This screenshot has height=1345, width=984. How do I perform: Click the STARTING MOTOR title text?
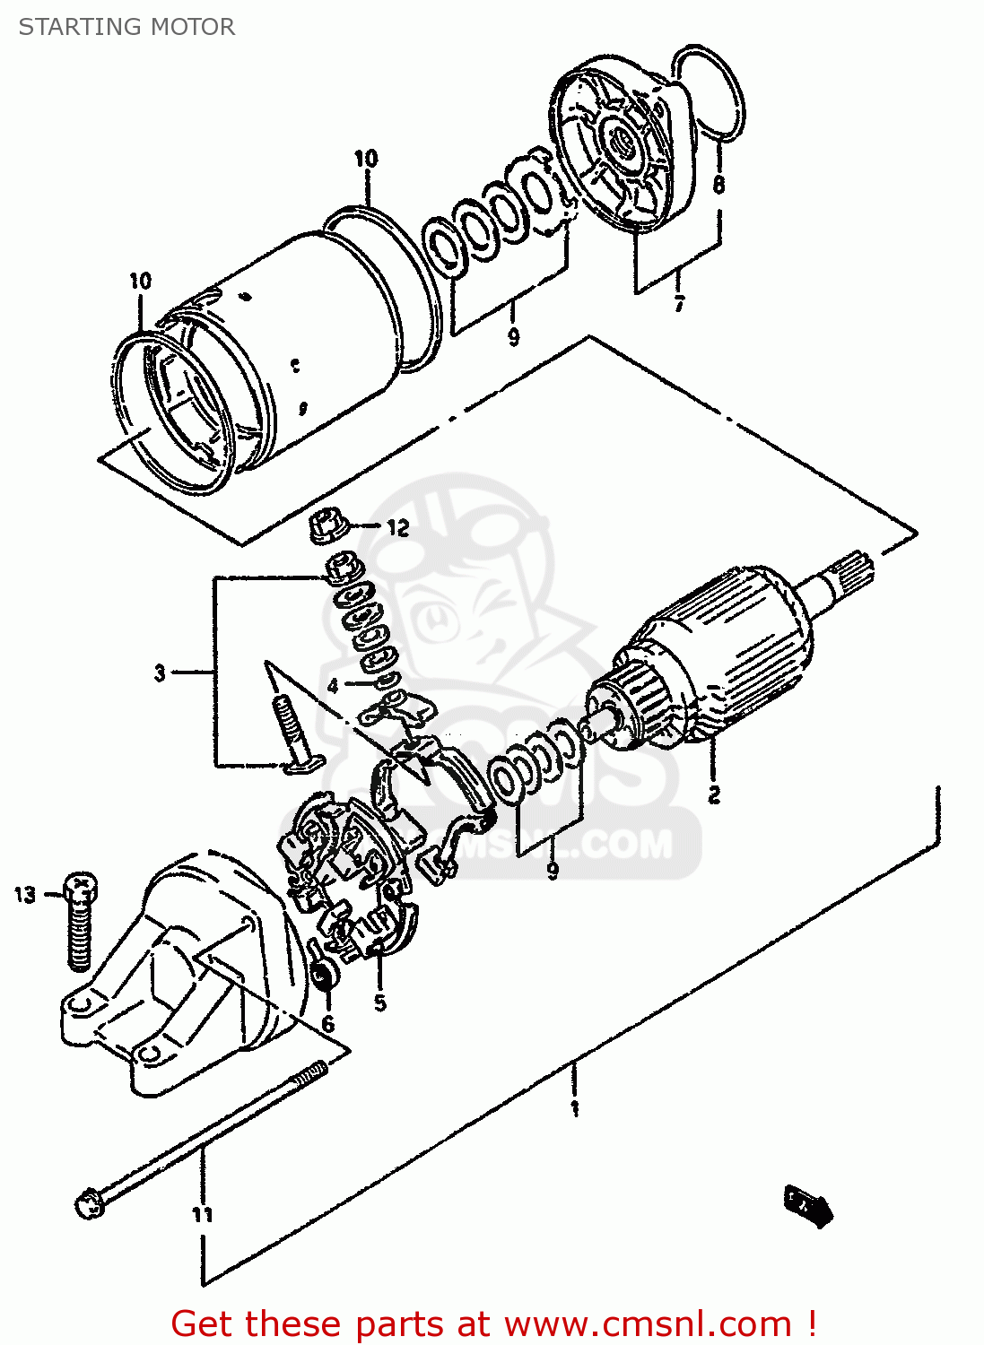coord(126,27)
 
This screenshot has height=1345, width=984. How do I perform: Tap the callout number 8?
coord(718,185)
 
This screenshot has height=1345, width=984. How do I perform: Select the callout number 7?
coord(679,303)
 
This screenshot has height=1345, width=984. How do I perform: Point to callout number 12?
coord(397,528)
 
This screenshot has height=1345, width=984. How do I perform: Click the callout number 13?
coord(25,894)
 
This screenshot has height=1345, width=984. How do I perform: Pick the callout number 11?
coord(203,1214)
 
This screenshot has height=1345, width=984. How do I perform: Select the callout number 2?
coord(713,794)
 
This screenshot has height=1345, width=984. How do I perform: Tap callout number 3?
coord(160,672)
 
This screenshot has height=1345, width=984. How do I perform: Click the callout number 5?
coord(380,1002)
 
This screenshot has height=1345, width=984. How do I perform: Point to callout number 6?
coord(328,1024)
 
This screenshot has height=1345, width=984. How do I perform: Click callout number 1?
coord(574,1108)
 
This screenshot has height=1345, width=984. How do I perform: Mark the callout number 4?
coord(333,686)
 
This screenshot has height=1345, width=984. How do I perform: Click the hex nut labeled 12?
coord(327,527)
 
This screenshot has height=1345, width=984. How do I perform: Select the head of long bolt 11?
coord(90,1202)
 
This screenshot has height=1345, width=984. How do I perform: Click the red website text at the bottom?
coord(493,1323)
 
